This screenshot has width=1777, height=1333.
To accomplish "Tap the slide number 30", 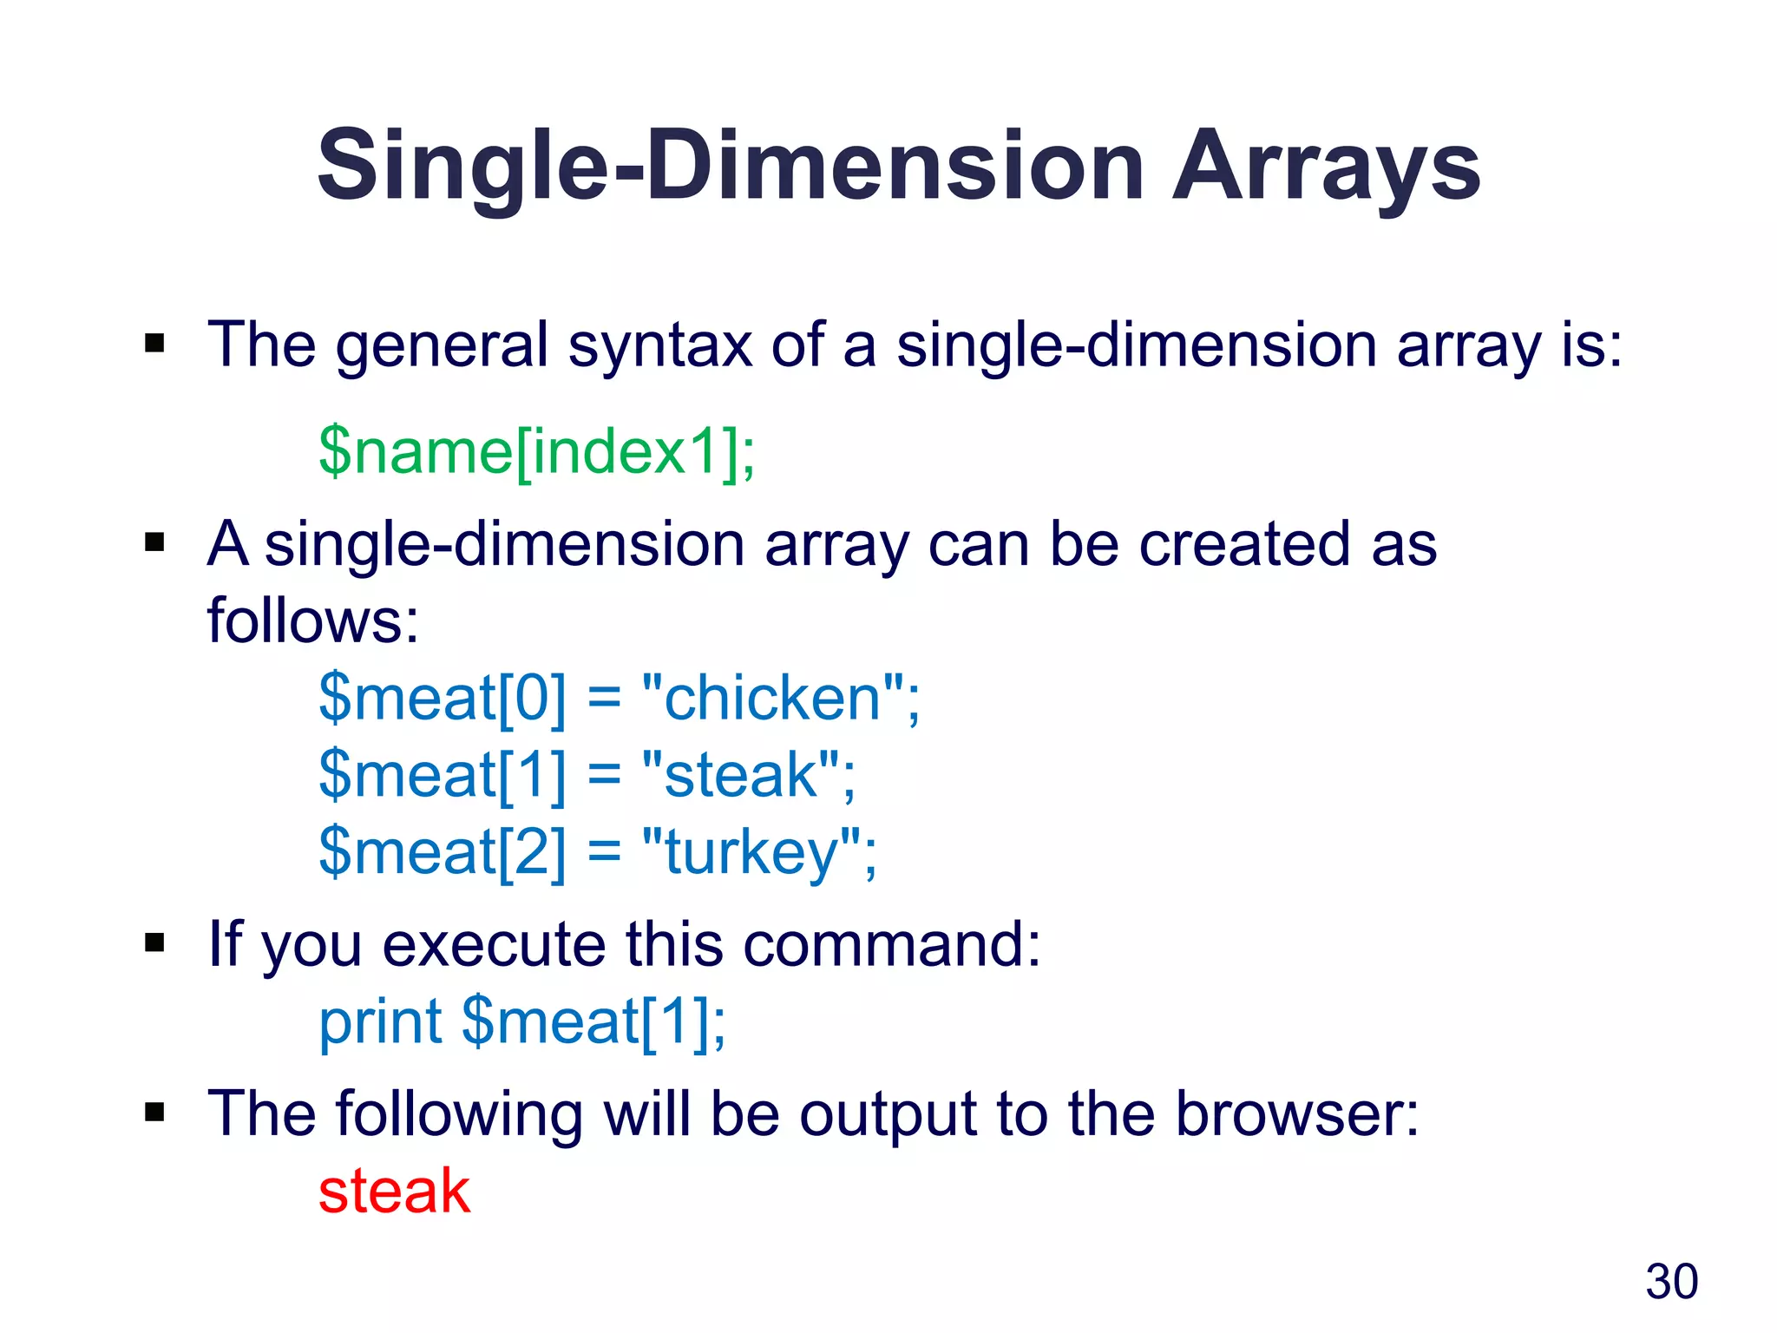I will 1671,1282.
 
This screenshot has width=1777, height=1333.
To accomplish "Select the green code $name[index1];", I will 537,451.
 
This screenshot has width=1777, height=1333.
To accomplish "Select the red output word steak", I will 394,1191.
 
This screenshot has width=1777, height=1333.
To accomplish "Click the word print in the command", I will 381,1021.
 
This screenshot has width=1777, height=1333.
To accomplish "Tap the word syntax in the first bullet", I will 659,345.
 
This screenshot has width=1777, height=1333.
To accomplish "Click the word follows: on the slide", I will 313,621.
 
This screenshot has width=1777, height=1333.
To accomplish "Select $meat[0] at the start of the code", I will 442,698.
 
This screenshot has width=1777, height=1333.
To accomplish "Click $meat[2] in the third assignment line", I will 442,852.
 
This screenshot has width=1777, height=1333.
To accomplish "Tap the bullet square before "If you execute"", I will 154,943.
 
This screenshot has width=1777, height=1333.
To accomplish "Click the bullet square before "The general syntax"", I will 154,344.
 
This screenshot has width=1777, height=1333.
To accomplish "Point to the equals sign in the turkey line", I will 604,852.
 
